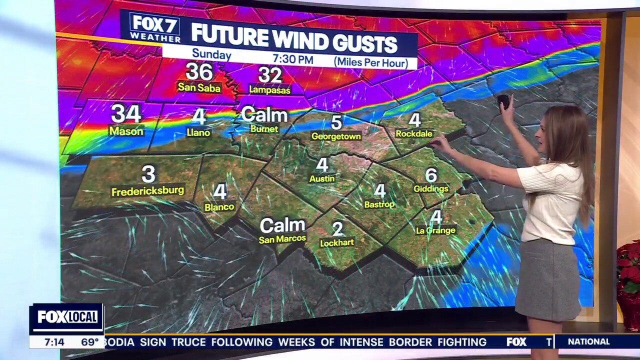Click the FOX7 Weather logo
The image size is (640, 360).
click(155, 27)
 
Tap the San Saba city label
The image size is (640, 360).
click(199, 87)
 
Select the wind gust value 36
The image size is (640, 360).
click(199, 71)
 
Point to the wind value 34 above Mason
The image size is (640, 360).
click(126, 113)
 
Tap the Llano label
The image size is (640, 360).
click(199, 132)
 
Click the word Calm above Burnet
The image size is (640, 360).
click(264, 115)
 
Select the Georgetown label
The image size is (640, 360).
click(336, 136)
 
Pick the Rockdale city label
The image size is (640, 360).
click(414, 133)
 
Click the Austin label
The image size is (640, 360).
click(322, 178)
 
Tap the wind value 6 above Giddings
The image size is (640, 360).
click(431, 175)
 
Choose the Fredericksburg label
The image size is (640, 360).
click(148, 191)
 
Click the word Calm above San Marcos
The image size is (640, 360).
click(282, 225)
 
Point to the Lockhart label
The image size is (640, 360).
click(337, 242)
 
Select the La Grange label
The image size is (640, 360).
click(436, 230)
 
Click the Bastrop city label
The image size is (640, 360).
click(379, 204)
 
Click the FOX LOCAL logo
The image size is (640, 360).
click(66, 317)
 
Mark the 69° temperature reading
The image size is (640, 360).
click(90, 342)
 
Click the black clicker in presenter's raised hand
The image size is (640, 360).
click(504, 101)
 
